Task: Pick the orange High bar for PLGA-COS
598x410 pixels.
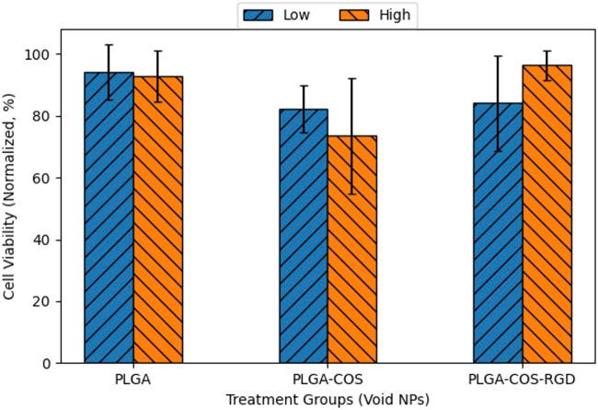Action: point(352,249)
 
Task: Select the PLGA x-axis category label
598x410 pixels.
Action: point(133,379)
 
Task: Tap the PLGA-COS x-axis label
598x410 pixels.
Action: point(328,379)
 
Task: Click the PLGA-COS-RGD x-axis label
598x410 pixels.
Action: point(522,379)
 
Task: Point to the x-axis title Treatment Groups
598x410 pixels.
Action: point(328,397)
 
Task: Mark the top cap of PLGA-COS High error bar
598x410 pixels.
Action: point(352,78)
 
